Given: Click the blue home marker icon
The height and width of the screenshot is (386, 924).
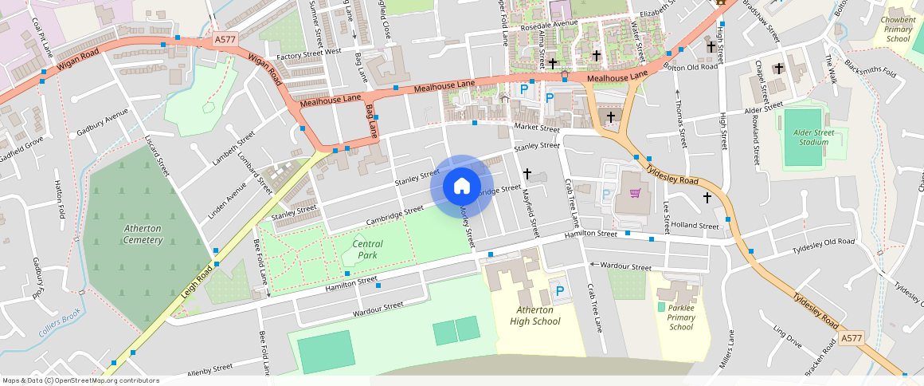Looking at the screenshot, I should pos(461,187).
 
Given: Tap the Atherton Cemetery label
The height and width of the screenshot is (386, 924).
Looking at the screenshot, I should pos(143,234).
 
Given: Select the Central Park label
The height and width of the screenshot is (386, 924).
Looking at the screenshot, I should pos(367,250).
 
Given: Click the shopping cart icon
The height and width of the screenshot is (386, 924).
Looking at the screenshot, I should pos(635,192).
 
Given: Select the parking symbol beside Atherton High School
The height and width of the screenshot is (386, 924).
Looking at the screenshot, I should pos(559,292).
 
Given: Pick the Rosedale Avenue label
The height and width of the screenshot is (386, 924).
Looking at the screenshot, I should pos(549,23).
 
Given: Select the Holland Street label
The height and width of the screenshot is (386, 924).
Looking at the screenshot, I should pos(695,226).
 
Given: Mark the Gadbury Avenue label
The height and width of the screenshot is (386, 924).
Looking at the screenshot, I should pos(103,122).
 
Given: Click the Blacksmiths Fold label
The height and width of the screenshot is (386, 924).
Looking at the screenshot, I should pos(870,69).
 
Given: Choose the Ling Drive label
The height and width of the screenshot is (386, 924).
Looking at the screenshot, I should pos(787,336).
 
